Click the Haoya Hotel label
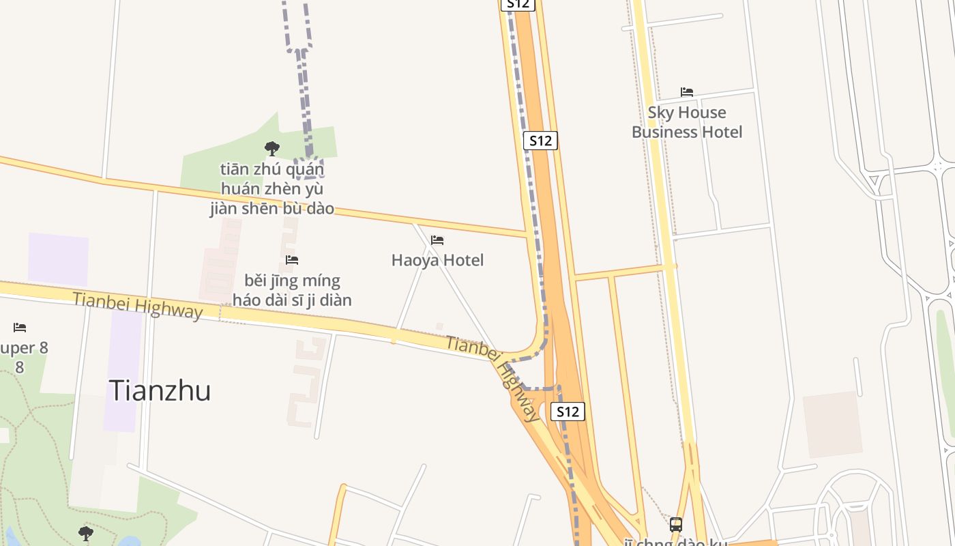437,260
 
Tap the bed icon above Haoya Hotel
437,240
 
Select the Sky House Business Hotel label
687,122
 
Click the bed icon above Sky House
687,92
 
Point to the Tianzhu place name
160,390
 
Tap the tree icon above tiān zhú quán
272,148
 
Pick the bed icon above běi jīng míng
292,260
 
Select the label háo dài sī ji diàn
292,300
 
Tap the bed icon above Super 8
20,328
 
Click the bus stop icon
676,525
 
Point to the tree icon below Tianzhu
85,533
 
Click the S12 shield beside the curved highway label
568,412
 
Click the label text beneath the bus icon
675,543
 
